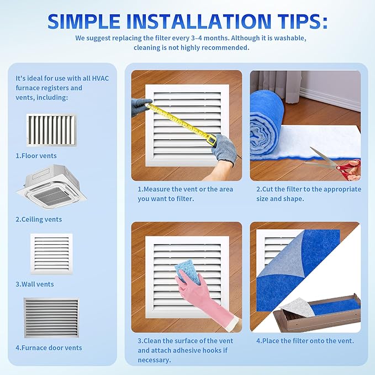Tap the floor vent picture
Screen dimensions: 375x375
pyautogui.click(x=51, y=130)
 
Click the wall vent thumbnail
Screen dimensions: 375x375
pyautogui.click(x=51, y=254)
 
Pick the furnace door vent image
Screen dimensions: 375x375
pyautogui.click(x=51, y=318)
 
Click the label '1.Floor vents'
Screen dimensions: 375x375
pyautogui.click(x=36, y=156)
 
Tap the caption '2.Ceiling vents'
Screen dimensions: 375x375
pyautogui.click(x=39, y=219)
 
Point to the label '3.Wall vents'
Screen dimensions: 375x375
pyautogui.click(x=35, y=284)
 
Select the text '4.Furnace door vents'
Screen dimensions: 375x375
pyautogui.click(x=49, y=348)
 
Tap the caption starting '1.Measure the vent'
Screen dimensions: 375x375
pyautogui.click(x=185, y=194)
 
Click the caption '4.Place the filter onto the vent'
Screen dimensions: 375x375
pyautogui.click(x=305, y=341)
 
